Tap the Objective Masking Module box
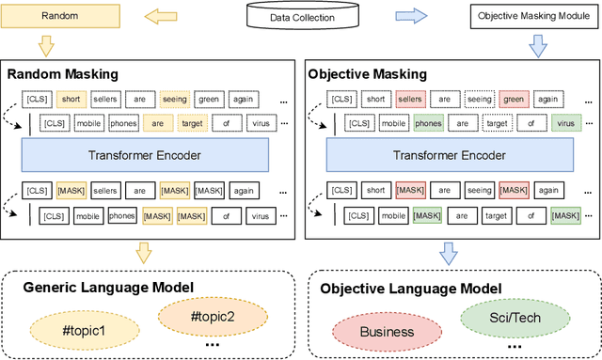tap(534, 16)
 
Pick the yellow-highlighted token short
tap(71, 98)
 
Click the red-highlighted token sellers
tap(410, 98)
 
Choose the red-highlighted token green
tap(512, 98)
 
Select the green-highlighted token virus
tap(565, 123)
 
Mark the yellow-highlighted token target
tap(195, 123)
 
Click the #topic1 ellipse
tap(86, 331)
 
